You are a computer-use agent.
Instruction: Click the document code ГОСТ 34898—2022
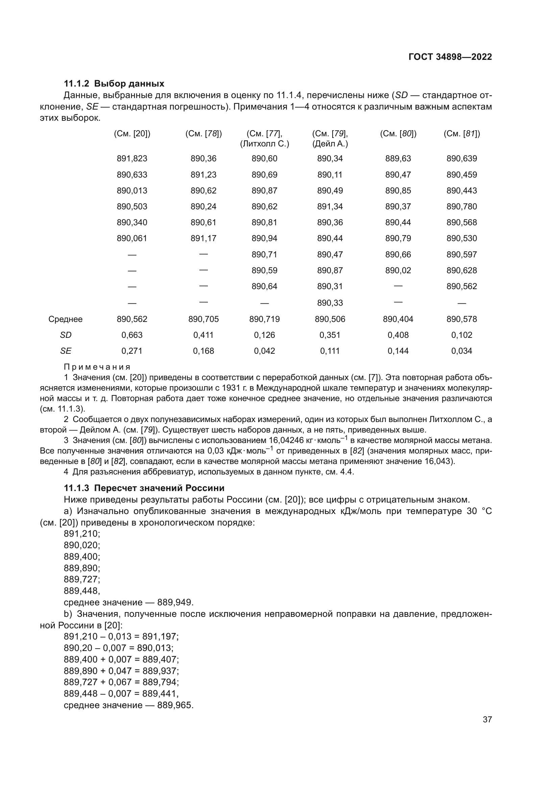pyautogui.click(x=450, y=57)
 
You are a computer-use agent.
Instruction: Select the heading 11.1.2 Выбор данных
pyautogui.click(x=114, y=84)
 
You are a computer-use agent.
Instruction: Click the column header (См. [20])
pyautogui.click(x=132, y=134)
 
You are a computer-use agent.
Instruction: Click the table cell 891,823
pyautogui.click(x=132, y=159)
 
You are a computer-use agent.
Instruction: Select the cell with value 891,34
pyautogui.click(x=330, y=206)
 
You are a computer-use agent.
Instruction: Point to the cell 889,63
pyautogui.click(x=398, y=159)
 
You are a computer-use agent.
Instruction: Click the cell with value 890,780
pyautogui.click(x=462, y=206)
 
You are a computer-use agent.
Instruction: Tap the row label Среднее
pyautogui.click(x=66, y=319)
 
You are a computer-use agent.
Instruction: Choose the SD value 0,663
pyautogui.click(x=132, y=335)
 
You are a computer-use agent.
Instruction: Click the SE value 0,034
pyautogui.click(x=462, y=351)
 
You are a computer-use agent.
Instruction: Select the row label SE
pyautogui.click(x=66, y=351)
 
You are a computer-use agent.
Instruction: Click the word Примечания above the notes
pyautogui.click(x=97, y=367)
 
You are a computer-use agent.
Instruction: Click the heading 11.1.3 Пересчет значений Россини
pyautogui.click(x=144, y=488)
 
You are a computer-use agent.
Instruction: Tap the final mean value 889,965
pyautogui.click(x=175, y=705)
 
